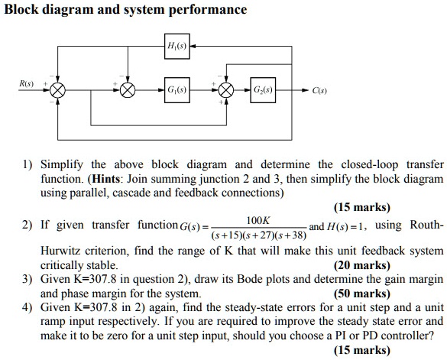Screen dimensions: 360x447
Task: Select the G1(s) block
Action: click(174, 89)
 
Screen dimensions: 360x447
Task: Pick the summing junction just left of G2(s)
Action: click(226, 89)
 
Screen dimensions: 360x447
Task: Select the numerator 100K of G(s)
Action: click(250, 219)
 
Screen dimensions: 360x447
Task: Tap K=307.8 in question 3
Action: click(82, 280)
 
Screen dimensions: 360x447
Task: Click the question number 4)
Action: click(28, 307)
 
